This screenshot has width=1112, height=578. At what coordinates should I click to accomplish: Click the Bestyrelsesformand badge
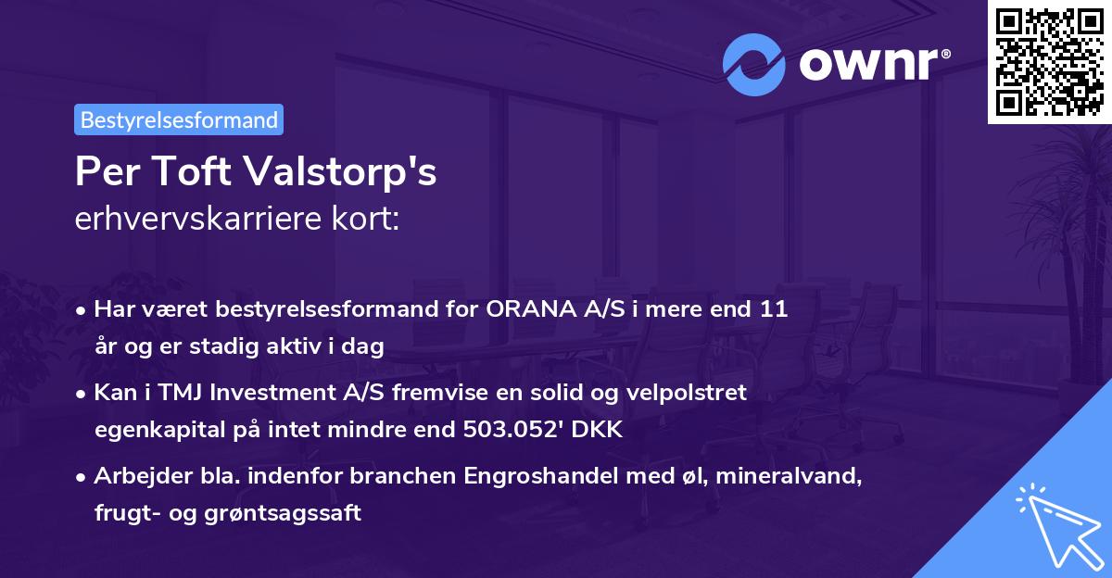(179, 119)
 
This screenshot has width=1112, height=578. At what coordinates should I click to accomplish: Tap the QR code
(1049, 61)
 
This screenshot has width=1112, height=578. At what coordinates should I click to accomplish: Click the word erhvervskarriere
(190, 220)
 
